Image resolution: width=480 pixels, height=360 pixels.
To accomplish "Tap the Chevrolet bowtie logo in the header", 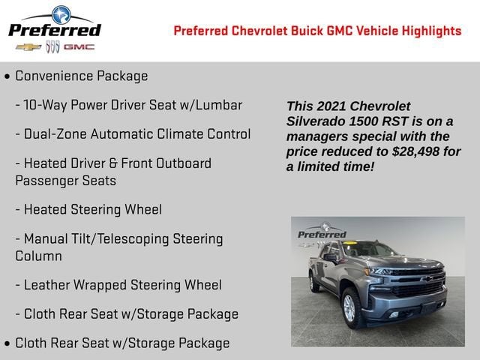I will click(28, 46).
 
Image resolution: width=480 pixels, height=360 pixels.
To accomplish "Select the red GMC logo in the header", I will click(79, 46).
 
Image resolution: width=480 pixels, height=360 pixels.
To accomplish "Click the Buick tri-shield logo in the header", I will click(52, 46).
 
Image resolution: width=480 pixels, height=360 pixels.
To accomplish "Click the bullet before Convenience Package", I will click(7, 76).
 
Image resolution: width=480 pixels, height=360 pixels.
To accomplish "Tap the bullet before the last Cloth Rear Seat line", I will click(7, 343).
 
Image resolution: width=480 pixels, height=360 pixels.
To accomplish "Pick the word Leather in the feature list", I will click(49, 285).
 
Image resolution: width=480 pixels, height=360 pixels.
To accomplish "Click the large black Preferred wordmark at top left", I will click(54, 30).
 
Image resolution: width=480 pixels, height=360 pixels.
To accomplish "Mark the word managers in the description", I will click(318, 136).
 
